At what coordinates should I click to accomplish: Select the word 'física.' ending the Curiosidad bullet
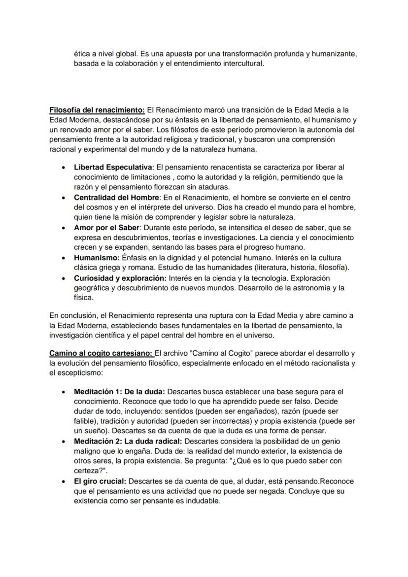tap(83, 298)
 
